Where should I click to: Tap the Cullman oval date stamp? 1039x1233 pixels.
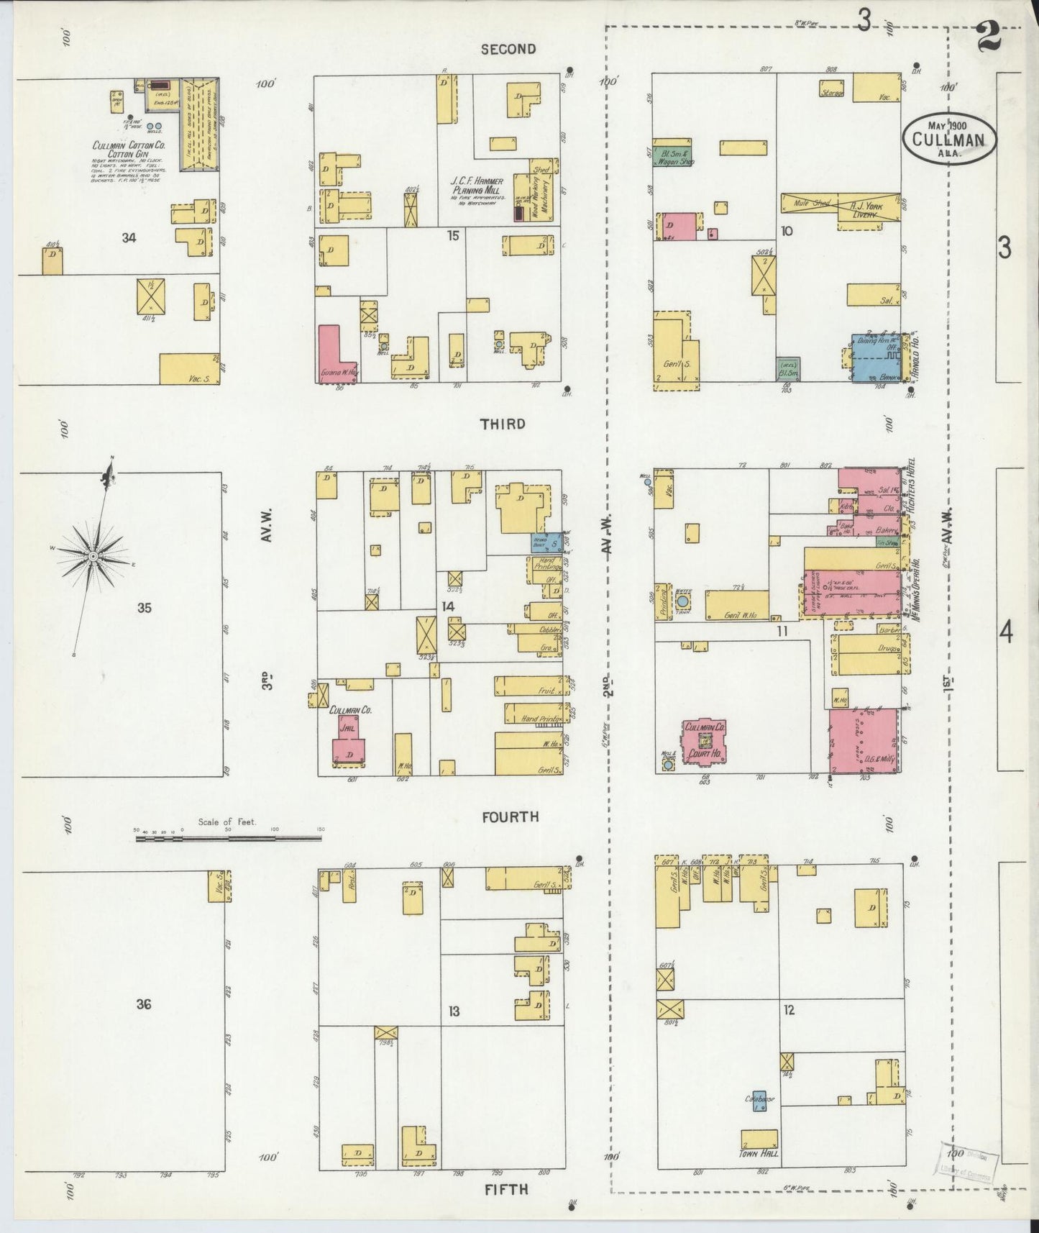pos(950,135)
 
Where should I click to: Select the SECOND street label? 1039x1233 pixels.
pos(508,49)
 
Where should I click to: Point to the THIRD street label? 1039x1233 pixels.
pos(503,424)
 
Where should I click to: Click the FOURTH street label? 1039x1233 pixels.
pos(511,816)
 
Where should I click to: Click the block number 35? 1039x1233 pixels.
pos(145,609)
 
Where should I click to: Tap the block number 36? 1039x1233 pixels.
pos(144,1004)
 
